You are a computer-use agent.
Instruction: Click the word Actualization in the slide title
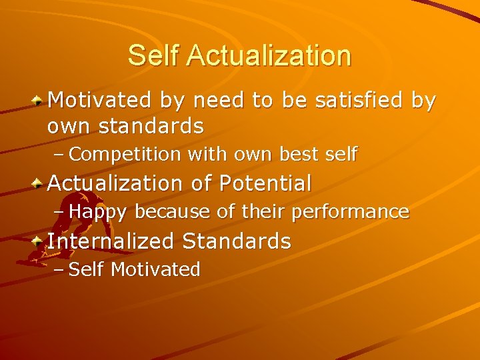coord(269,55)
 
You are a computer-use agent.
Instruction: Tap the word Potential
coord(265,183)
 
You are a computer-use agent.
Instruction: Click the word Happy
coord(97,212)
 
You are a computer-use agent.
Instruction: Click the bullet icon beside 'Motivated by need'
coord(39,100)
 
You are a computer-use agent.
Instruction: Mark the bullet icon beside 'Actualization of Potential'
coord(39,183)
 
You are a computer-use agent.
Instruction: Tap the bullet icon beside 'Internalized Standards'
coord(39,241)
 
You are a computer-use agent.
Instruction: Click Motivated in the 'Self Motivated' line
coord(155,269)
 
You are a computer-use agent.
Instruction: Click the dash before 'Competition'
coord(59,155)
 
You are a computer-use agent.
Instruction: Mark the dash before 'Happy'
coord(59,212)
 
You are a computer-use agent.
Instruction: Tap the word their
coord(260,212)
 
